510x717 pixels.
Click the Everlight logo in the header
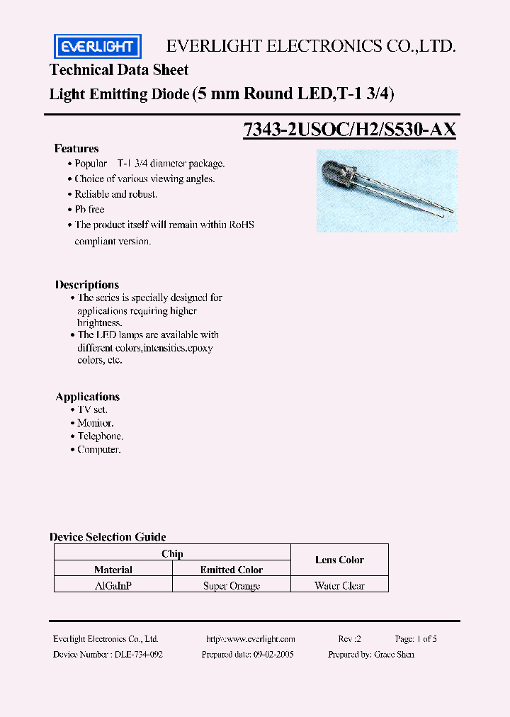pos(98,47)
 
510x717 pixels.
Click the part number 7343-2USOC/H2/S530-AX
pos(349,130)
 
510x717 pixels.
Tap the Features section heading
pos(76,149)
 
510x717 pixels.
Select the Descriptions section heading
pos(87,285)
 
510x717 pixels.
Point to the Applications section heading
pos(88,397)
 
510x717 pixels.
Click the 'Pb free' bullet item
pos(89,209)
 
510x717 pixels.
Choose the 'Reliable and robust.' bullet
pos(115,194)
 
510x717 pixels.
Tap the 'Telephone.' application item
pos(100,436)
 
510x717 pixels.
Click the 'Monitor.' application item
pos(96,423)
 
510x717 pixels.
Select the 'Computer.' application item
pos(99,450)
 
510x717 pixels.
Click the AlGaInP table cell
pos(113,586)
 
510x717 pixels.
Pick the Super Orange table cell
pos(232,586)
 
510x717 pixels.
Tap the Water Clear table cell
pos(339,586)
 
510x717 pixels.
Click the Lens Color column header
pos(339,560)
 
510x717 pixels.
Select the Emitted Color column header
pos(232,570)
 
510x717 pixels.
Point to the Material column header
pos(113,570)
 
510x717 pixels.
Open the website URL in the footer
pos(250,639)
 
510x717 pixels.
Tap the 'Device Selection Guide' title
pos(108,537)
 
